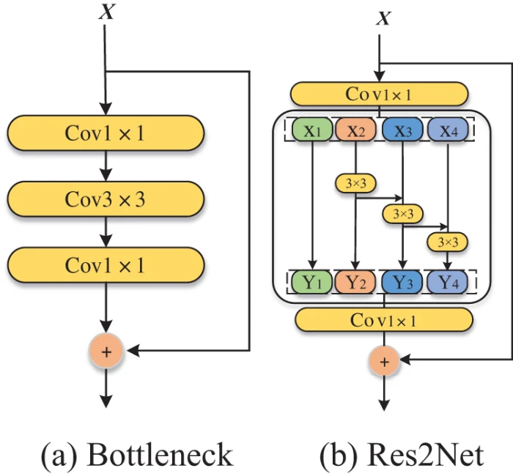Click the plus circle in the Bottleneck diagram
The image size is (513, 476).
tap(107, 352)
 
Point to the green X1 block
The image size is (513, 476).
tap(313, 130)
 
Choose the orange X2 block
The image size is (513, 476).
tap(355, 130)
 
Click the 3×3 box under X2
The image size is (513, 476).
tap(355, 182)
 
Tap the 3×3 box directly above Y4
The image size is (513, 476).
tap(447, 240)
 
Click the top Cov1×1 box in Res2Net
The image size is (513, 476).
tap(379, 94)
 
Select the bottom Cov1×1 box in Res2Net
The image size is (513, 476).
tap(384, 320)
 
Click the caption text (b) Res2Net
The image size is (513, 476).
tap(401, 455)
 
